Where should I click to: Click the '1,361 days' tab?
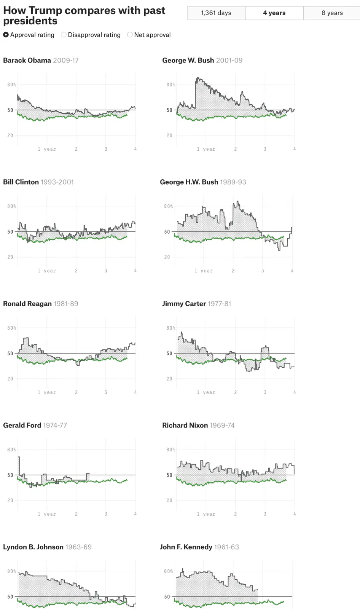click(x=216, y=13)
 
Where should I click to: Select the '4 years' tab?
click(x=274, y=13)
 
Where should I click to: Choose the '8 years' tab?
click(x=332, y=13)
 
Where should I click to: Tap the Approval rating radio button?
click(x=6, y=35)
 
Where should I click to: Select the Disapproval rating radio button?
click(x=64, y=35)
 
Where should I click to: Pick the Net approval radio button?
click(x=130, y=35)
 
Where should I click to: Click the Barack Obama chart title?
click(x=41, y=60)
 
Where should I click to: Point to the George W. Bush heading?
click(x=202, y=60)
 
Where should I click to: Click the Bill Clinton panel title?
click(x=38, y=182)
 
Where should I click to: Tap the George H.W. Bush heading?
click(x=203, y=182)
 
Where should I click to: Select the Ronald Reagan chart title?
click(x=40, y=304)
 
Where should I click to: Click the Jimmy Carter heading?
click(x=196, y=304)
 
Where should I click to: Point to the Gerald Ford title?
click(x=35, y=425)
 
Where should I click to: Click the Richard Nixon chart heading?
click(x=198, y=425)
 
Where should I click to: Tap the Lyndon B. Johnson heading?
click(x=47, y=547)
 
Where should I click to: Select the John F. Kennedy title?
click(x=199, y=547)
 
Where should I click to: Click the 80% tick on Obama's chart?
click(x=11, y=84)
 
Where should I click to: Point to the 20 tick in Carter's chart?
click(x=169, y=379)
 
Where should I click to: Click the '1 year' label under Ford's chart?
click(x=47, y=514)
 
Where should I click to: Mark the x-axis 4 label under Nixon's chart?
click(x=295, y=514)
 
